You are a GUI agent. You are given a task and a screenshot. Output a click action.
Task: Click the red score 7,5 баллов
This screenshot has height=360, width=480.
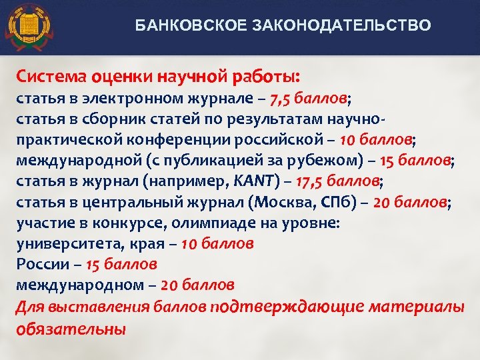(x=309, y=99)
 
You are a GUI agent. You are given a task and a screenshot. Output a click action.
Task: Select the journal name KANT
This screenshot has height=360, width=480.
(x=253, y=182)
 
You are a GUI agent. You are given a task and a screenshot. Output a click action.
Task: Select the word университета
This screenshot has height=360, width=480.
(x=59, y=244)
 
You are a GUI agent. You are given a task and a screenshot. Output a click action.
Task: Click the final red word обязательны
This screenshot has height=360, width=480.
(x=69, y=327)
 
